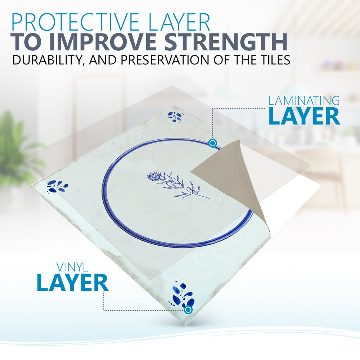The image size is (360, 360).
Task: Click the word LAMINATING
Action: click(x=304, y=101)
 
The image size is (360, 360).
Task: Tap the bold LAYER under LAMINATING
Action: click(x=304, y=116)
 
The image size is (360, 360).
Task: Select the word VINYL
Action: click(x=72, y=267)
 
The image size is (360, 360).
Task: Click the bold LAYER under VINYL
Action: click(x=72, y=283)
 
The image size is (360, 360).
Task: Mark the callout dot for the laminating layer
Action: click(x=213, y=143)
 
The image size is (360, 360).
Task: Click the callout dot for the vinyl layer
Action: click(x=188, y=310)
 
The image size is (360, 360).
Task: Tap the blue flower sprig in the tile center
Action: click(x=178, y=185)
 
